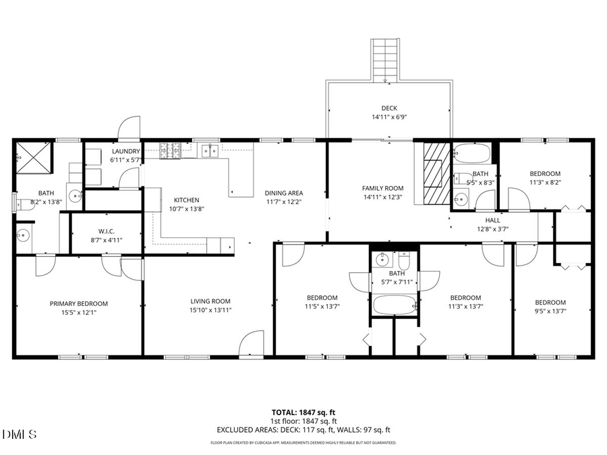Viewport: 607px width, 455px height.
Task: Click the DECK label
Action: (389, 108)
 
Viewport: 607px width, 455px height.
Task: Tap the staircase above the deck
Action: (386, 60)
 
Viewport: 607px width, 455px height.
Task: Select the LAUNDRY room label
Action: (126, 152)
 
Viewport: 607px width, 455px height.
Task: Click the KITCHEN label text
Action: (187, 200)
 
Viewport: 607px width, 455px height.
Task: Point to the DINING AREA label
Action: (283, 193)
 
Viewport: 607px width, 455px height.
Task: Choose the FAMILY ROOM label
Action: (382, 189)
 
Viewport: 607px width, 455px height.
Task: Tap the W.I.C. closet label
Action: (107, 231)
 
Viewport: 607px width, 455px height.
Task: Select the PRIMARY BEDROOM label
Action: (79, 303)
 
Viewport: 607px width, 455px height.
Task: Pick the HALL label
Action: (492, 220)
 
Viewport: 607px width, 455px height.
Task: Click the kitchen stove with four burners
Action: (169, 151)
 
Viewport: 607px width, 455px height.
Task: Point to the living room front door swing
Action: (253, 342)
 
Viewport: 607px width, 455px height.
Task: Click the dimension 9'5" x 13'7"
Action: (550, 311)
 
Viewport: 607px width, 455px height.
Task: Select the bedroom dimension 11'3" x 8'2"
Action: (545, 182)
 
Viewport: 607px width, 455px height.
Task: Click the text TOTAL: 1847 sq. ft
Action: (303, 411)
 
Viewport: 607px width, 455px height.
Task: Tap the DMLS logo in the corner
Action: (20, 433)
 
